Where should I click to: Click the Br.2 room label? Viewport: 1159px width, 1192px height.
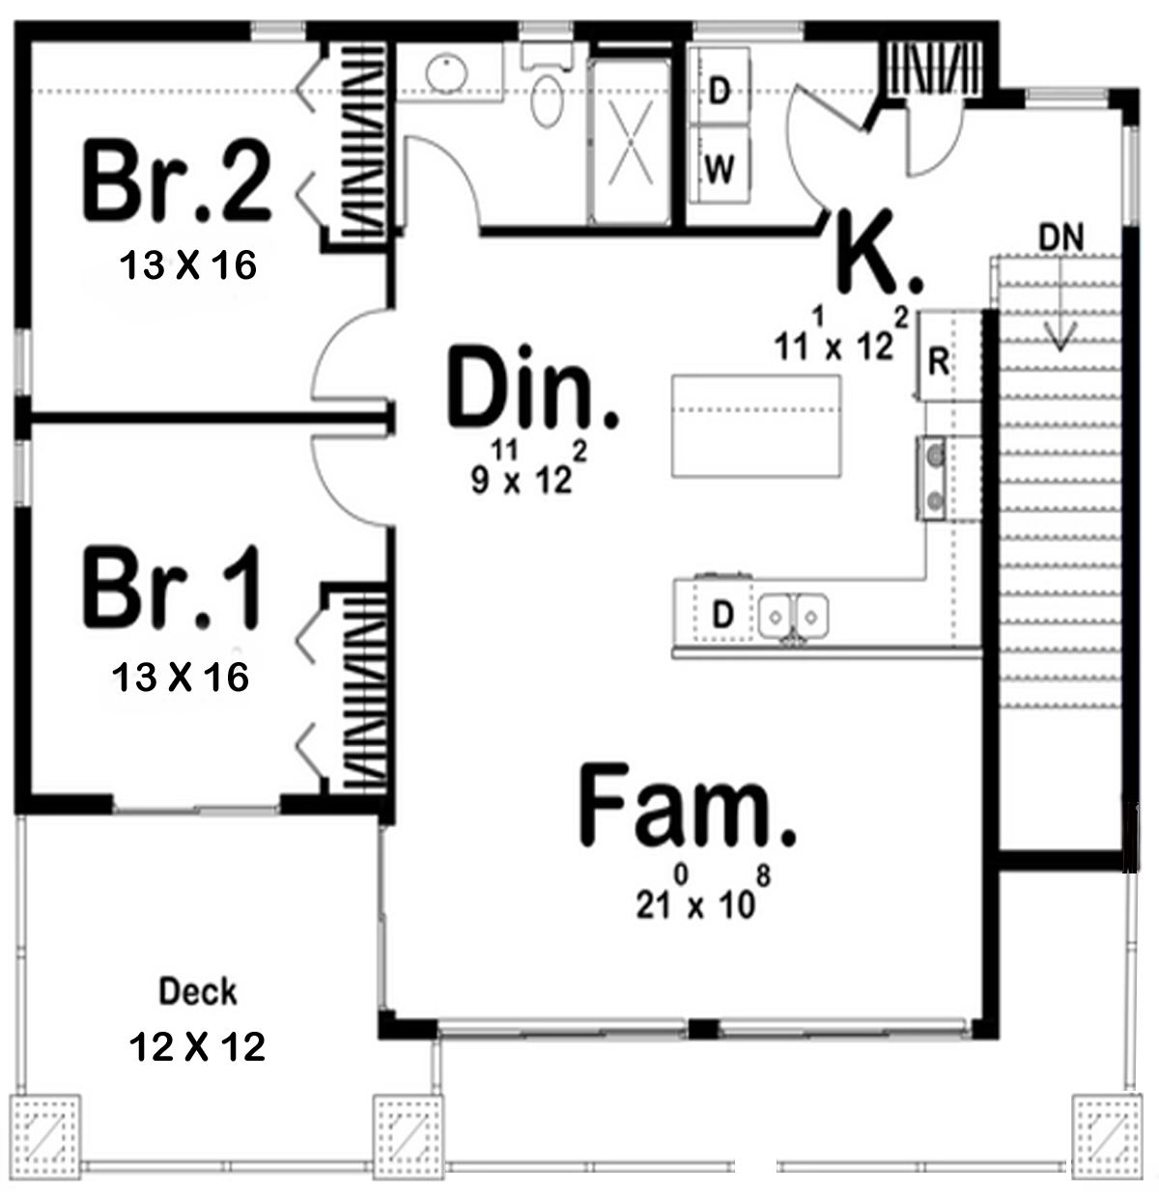tap(177, 180)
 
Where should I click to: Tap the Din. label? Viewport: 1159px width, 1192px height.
tap(533, 386)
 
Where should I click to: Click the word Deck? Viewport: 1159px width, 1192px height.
tap(197, 991)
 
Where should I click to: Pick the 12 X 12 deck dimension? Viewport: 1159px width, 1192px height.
tap(197, 1047)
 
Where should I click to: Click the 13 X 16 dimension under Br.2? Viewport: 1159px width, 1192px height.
tap(187, 265)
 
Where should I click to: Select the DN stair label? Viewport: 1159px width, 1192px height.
tap(1061, 237)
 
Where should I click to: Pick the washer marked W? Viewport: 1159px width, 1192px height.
tap(720, 164)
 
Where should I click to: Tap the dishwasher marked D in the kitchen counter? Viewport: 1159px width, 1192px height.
tap(722, 613)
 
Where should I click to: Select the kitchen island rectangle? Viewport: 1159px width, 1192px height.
tap(755, 426)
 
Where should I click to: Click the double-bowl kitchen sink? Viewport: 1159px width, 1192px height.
tap(794, 616)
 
